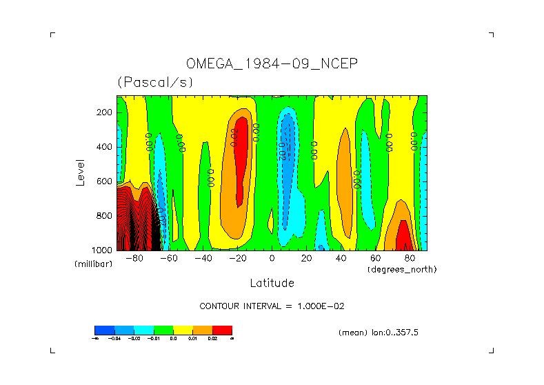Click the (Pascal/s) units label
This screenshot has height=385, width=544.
[155, 82]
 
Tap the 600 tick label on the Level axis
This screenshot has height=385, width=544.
[105, 181]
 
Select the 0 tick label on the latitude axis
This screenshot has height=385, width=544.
[272, 259]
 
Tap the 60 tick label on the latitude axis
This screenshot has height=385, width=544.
[376, 259]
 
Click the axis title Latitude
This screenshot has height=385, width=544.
[272, 283]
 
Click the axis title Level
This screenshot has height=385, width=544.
[81, 171]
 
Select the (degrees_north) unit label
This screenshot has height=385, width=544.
[402, 268]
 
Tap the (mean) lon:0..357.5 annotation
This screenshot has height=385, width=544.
[379, 333]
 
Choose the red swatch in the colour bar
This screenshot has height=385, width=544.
[222, 330]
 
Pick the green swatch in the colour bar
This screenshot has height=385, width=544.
[163, 330]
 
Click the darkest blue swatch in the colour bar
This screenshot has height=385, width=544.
[104, 330]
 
